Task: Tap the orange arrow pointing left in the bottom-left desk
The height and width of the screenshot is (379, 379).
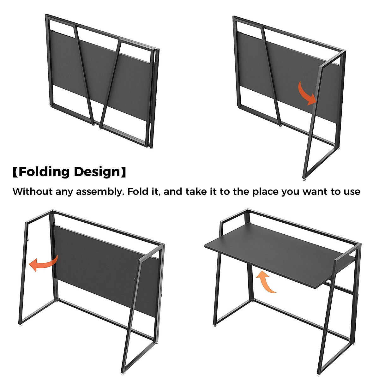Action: [x=43, y=264]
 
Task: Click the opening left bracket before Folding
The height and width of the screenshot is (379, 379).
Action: [x=15, y=172]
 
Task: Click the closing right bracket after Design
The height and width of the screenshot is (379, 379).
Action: [x=123, y=172]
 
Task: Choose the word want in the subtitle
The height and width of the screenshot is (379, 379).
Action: [x=314, y=192]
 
